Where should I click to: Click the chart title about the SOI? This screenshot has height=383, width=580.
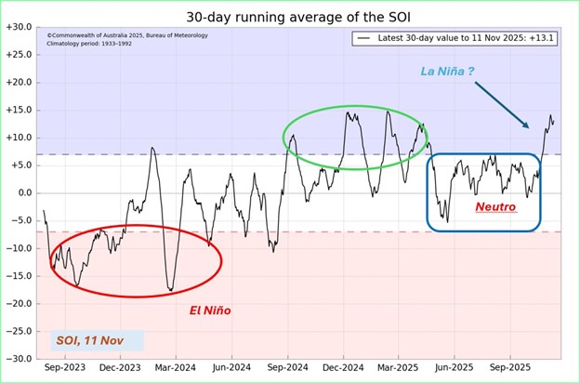[x=298, y=16]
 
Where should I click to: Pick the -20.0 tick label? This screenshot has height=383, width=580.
[x=20, y=303]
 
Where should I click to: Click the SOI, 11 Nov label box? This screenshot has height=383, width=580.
[x=97, y=340]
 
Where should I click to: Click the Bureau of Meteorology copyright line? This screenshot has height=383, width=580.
[x=127, y=35]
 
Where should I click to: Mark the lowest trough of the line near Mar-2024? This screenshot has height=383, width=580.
[x=170, y=291]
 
